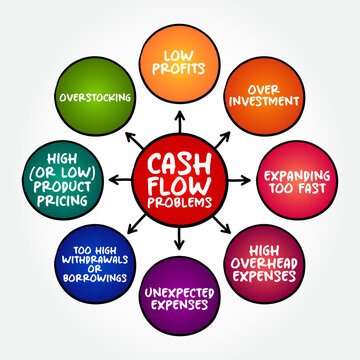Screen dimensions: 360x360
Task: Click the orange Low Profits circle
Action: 179,62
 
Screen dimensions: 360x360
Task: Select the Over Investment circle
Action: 265,95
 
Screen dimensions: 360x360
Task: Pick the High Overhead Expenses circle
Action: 265,263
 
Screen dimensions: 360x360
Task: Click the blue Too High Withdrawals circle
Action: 94,263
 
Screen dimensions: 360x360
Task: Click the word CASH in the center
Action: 180,160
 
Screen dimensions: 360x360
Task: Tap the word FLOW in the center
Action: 180,182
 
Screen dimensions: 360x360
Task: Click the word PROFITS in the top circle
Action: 179,70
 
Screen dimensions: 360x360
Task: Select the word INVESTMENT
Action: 265,102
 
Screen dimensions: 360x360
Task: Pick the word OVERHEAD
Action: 265,263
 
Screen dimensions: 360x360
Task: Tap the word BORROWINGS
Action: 94,278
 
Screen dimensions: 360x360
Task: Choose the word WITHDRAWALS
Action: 94,256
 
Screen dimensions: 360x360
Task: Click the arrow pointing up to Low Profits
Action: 180,117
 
